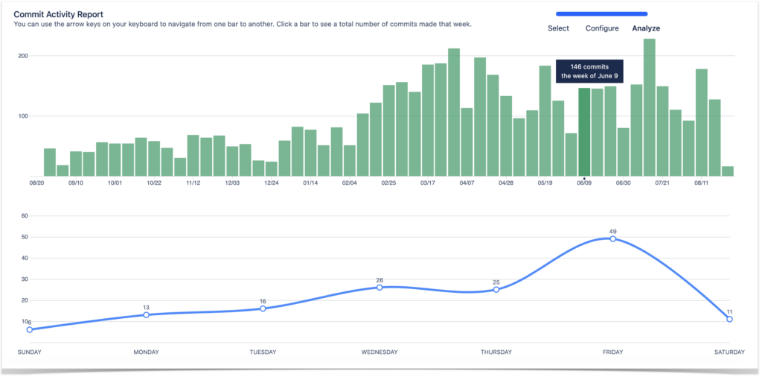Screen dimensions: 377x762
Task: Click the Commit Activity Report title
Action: click(58, 14)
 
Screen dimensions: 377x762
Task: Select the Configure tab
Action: click(602, 28)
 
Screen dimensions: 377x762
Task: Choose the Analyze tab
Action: click(645, 28)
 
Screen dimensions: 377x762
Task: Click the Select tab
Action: click(558, 28)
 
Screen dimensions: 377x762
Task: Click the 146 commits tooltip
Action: click(589, 71)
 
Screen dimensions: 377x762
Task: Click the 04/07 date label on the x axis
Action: click(467, 183)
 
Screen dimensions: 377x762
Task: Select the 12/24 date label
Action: click(272, 183)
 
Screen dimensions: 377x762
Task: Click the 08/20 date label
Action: click(37, 183)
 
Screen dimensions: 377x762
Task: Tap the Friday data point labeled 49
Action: click(612, 238)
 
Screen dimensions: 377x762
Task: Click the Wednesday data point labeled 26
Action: click(380, 287)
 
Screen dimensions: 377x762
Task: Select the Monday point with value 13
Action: click(146, 314)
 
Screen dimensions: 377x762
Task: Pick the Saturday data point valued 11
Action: click(729, 319)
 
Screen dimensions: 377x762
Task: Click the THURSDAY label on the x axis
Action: click(496, 352)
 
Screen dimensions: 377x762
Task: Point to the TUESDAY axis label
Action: click(263, 352)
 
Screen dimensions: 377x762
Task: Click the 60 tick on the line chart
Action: click(24, 216)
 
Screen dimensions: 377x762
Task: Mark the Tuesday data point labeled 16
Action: click(263, 308)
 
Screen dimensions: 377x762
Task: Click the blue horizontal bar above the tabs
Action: click(601, 13)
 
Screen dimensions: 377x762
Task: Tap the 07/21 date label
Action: click(662, 183)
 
